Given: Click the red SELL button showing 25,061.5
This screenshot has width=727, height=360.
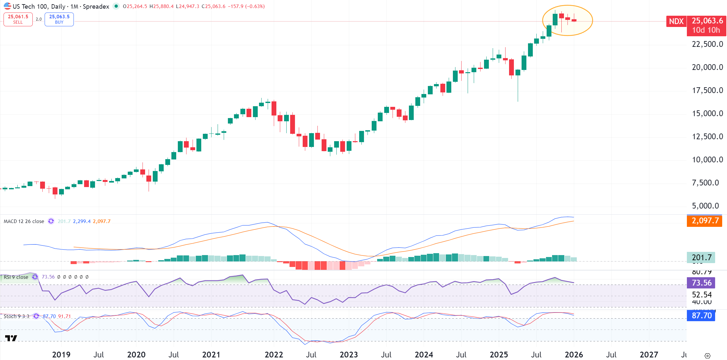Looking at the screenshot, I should pyautogui.click(x=18, y=19).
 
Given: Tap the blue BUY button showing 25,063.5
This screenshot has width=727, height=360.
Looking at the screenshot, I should pyautogui.click(x=59, y=19).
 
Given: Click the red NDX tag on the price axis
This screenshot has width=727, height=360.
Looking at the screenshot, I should pyautogui.click(x=676, y=21).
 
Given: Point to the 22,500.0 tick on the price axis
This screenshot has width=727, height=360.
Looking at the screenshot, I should pyautogui.click(x=707, y=44).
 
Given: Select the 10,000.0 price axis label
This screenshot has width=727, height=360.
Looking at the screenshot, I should pyautogui.click(x=707, y=160).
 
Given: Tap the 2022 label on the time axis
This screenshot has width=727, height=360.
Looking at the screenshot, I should pyautogui.click(x=274, y=355).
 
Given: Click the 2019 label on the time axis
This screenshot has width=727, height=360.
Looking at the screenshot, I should pyautogui.click(x=61, y=355).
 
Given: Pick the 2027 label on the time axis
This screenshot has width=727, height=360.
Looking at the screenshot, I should pyautogui.click(x=649, y=355).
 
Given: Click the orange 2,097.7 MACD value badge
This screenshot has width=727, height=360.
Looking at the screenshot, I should pyautogui.click(x=705, y=221).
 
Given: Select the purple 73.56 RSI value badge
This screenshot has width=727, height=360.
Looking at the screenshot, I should pyautogui.click(x=701, y=283).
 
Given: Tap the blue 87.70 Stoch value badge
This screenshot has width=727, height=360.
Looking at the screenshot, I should pyautogui.click(x=701, y=316).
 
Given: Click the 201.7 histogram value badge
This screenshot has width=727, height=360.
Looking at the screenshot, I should pyautogui.click(x=701, y=258).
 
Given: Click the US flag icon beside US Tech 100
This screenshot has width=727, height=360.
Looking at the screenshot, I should pyautogui.click(x=7, y=6).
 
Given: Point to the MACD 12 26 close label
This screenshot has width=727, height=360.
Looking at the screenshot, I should pyautogui.click(x=24, y=221).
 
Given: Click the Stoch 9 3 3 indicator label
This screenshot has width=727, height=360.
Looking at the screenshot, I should pyautogui.click(x=16, y=316).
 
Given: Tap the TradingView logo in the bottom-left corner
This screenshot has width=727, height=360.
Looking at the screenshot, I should pyautogui.click(x=11, y=338).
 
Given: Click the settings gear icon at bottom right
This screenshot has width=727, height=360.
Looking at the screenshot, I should pyautogui.click(x=707, y=356).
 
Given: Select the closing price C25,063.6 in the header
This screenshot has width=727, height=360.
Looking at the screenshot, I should pyautogui.click(x=213, y=6).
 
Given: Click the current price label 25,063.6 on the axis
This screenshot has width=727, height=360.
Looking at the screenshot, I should pyautogui.click(x=707, y=21).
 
